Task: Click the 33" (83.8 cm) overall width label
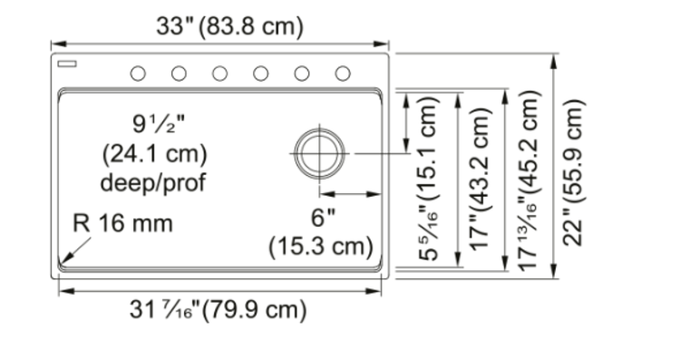click(230, 26)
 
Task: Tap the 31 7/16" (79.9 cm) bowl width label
click(219, 310)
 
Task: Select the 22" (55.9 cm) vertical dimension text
click(574, 172)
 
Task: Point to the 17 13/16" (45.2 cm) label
click(529, 180)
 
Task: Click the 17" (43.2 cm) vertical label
click(481, 179)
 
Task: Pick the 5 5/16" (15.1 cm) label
click(429, 179)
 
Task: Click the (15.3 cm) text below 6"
click(321, 247)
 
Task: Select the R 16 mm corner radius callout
click(122, 223)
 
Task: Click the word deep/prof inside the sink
click(153, 182)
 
